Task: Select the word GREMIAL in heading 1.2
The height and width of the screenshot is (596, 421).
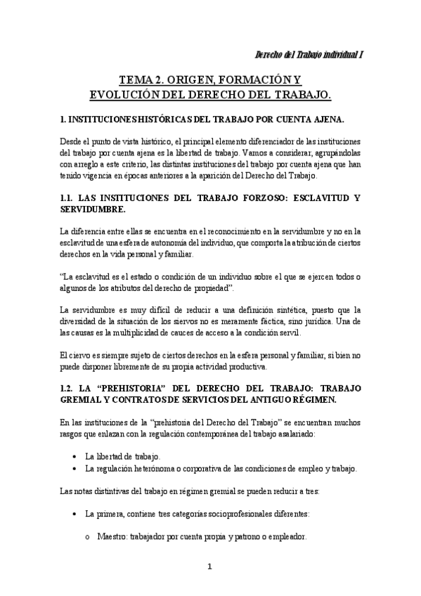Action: click(84, 400)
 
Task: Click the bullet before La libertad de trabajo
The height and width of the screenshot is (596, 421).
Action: click(75, 457)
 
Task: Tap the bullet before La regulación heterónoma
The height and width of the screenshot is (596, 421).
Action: click(75, 469)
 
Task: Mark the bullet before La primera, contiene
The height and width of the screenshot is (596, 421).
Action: click(75, 514)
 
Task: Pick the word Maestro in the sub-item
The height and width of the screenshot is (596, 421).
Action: click(112, 536)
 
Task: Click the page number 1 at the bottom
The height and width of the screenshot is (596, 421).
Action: click(210, 567)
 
